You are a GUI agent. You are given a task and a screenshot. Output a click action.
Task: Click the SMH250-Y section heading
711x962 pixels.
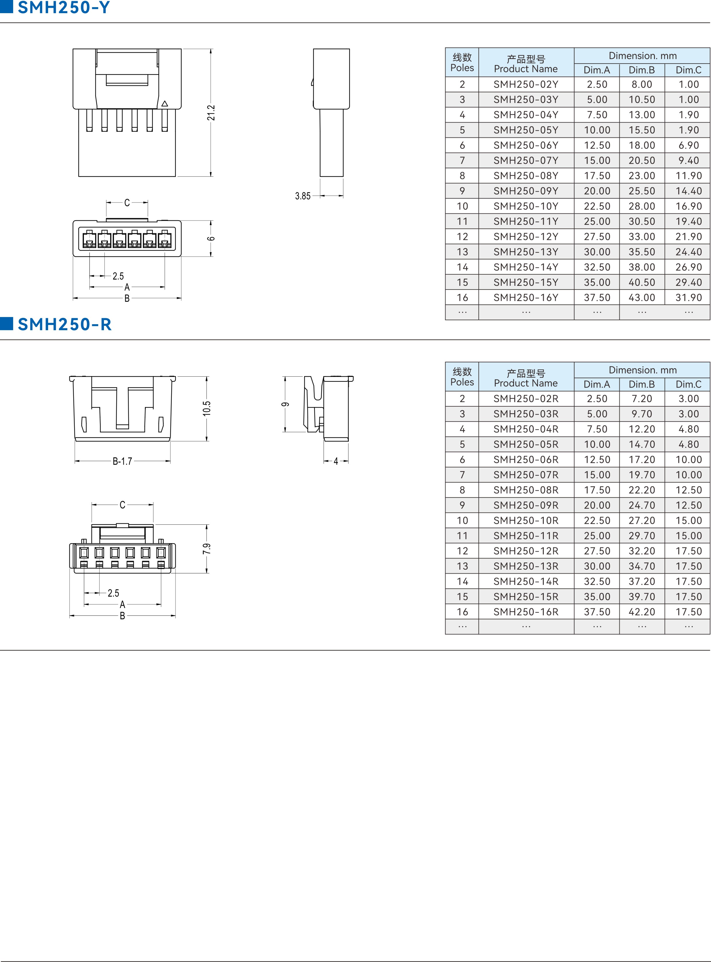(x=64, y=7)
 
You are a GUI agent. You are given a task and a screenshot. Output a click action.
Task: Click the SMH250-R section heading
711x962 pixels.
(x=64, y=324)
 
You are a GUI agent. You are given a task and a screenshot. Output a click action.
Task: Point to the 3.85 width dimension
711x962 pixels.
(x=303, y=196)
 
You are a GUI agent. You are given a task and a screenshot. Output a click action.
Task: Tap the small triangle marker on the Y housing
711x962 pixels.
(x=164, y=103)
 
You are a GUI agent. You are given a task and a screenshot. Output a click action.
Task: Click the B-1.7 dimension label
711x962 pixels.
(x=122, y=461)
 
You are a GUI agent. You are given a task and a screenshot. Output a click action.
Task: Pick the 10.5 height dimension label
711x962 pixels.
(x=207, y=408)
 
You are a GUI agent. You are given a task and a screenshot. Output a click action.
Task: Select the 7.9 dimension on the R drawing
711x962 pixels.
(x=207, y=549)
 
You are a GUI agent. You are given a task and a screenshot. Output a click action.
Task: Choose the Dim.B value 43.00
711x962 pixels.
(x=642, y=298)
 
